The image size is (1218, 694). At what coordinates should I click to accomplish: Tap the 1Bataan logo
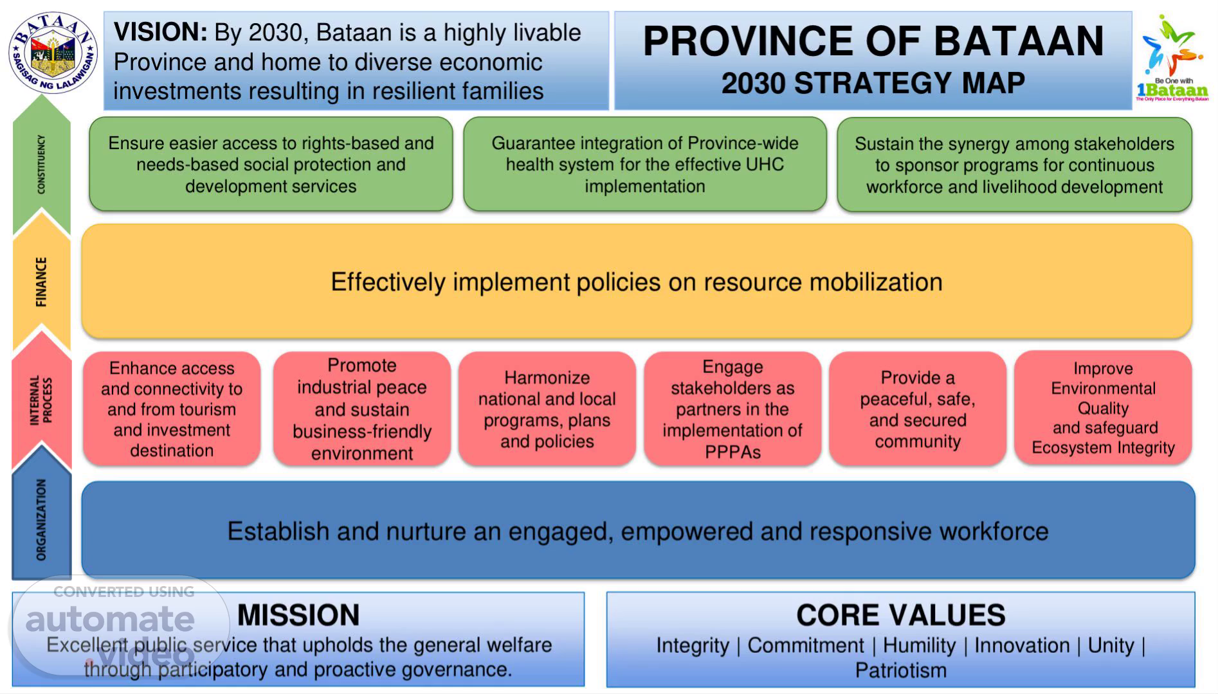coord(1172,59)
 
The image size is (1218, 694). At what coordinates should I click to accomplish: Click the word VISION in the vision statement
coord(160,32)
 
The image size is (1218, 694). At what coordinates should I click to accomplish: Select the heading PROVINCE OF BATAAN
coord(873,41)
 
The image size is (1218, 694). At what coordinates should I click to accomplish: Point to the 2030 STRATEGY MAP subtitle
coord(873,83)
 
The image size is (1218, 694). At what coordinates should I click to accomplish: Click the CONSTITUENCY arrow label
coord(41,164)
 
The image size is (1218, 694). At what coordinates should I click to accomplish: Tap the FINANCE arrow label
coord(41,282)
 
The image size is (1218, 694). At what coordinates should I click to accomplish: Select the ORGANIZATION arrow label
coord(41,519)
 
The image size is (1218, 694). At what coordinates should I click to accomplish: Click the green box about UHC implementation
coord(645,165)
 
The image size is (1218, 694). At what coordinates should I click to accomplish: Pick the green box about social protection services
coord(271,165)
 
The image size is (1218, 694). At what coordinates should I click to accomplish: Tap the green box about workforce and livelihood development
coord(1014,165)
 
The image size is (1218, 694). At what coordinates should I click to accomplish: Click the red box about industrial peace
coord(362,409)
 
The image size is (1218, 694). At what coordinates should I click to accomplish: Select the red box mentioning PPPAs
coord(732,409)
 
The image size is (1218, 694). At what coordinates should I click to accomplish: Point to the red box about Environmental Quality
coord(1103,408)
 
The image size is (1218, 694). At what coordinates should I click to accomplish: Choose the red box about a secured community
coord(918,409)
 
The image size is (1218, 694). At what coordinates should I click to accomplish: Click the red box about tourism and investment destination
coord(172,409)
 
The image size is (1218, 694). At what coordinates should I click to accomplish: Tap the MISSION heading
coord(298,615)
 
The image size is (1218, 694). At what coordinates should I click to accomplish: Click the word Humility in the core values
coord(919,645)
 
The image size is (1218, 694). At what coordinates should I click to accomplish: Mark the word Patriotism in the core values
coord(900,670)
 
